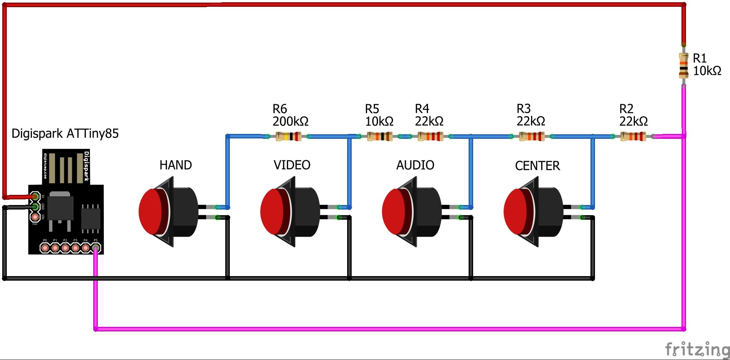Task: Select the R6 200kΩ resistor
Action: [288, 136]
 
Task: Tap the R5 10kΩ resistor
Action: [379, 136]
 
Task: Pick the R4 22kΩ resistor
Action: [431, 136]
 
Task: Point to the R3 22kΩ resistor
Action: [532, 136]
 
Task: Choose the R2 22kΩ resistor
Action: [633, 136]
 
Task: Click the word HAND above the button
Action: [176, 165]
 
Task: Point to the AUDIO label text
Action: [415, 165]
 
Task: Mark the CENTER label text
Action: [537, 166]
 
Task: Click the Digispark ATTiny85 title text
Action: [65, 134]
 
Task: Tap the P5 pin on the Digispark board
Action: [96, 248]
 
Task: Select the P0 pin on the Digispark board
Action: [45, 248]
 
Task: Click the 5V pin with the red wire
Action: [35, 196]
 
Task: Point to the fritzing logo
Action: [697, 349]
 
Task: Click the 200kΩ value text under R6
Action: [290, 122]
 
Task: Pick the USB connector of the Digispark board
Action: [66, 167]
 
